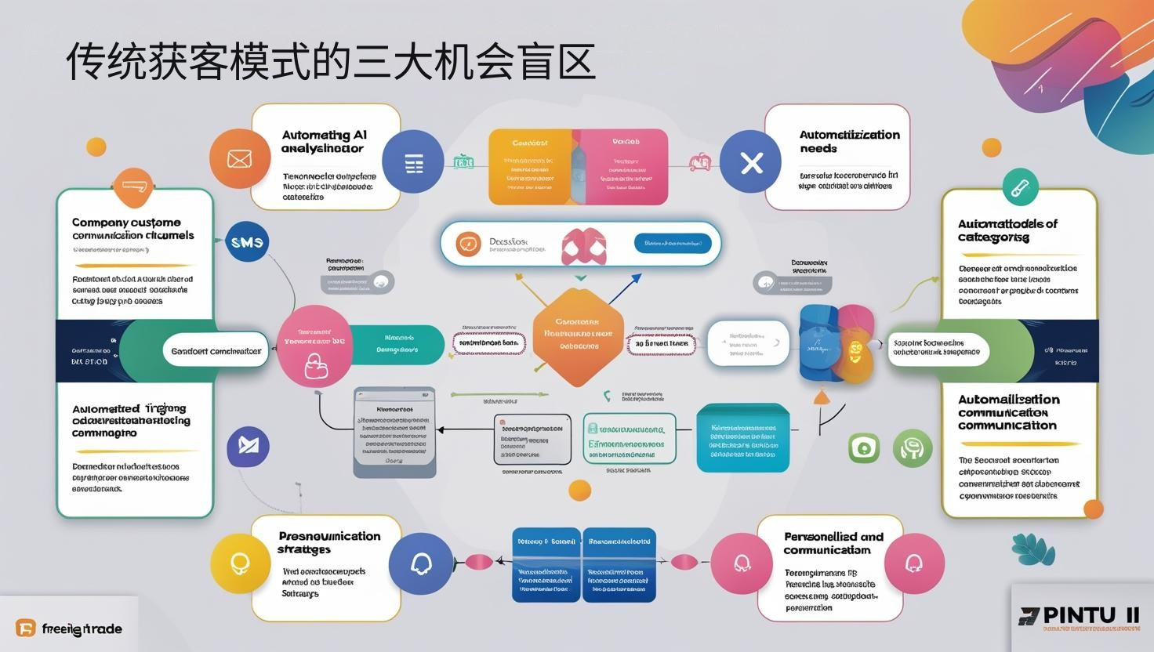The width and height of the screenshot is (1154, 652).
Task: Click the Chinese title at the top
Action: pyautogui.click(x=330, y=62)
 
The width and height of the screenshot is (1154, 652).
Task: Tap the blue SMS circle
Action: pyautogui.click(x=247, y=242)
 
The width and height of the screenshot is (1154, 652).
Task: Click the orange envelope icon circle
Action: pyautogui.click(x=239, y=158)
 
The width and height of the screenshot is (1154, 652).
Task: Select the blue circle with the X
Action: pyautogui.click(x=751, y=162)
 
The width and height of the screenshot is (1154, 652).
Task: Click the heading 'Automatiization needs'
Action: pyautogui.click(x=849, y=141)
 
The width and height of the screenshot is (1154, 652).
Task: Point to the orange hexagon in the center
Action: pyautogui.click(x=578, y=335)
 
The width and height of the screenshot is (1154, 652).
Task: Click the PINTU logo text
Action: pyautogui.click(x=1080, y=614)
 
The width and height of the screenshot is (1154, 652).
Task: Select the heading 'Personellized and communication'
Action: pyautogui.click(x=833, y=543)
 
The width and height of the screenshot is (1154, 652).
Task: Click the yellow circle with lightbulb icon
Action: pyautogui.click(x=240, y=563)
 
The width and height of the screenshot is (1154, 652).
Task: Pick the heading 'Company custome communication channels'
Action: pyautogui.click(x=132, y=229)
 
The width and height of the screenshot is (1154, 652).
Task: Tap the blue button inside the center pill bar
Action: pyautogui.click(x=672, y=244)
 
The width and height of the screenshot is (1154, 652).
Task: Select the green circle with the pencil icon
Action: pyautogui.click(x=1020, y=187)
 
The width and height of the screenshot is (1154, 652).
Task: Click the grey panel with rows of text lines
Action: pyautogui.click(x=394, y=432)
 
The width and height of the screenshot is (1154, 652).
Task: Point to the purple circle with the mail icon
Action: pyautogui.click(x=248, y=447)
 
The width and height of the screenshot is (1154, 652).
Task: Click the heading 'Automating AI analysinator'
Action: pyautogui.click(x=324, y=141)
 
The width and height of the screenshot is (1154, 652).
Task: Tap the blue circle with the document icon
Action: pyautogui.click(x=413, y=162)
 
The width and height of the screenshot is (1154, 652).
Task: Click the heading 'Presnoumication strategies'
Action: pyautogui.click(x=329, y=542)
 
